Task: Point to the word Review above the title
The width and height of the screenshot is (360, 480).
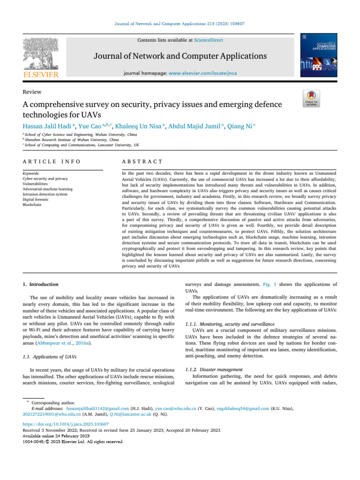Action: (32, 92)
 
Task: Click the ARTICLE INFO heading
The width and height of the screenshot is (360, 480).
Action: (52, 161)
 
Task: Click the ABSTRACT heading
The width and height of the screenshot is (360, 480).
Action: (142, 161)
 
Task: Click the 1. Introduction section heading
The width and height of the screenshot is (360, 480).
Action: (41, 284)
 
